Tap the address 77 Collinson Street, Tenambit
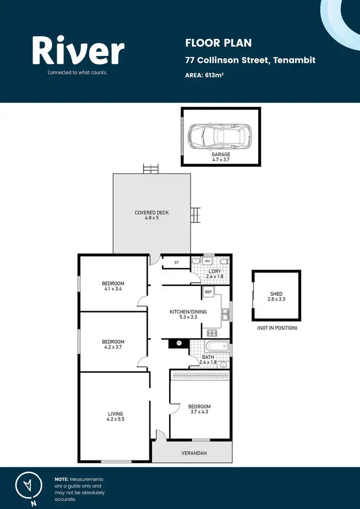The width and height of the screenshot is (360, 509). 250,61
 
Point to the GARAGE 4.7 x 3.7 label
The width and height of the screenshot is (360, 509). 221,158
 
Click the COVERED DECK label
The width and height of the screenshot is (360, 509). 152,215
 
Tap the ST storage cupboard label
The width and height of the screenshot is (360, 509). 176,263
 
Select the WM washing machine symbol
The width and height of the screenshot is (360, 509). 208,261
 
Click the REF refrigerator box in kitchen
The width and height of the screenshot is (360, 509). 208,292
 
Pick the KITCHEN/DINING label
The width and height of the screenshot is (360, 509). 188,315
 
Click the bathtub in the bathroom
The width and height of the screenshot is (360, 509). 217,346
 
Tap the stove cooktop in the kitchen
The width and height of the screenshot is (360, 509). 212,332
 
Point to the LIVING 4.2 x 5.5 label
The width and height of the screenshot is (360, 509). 115,416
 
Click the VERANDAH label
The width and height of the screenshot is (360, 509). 194,453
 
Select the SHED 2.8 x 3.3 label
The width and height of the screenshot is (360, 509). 276,296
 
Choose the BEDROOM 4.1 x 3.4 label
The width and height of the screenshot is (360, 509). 113,286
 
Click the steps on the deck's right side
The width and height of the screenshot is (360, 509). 195,215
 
